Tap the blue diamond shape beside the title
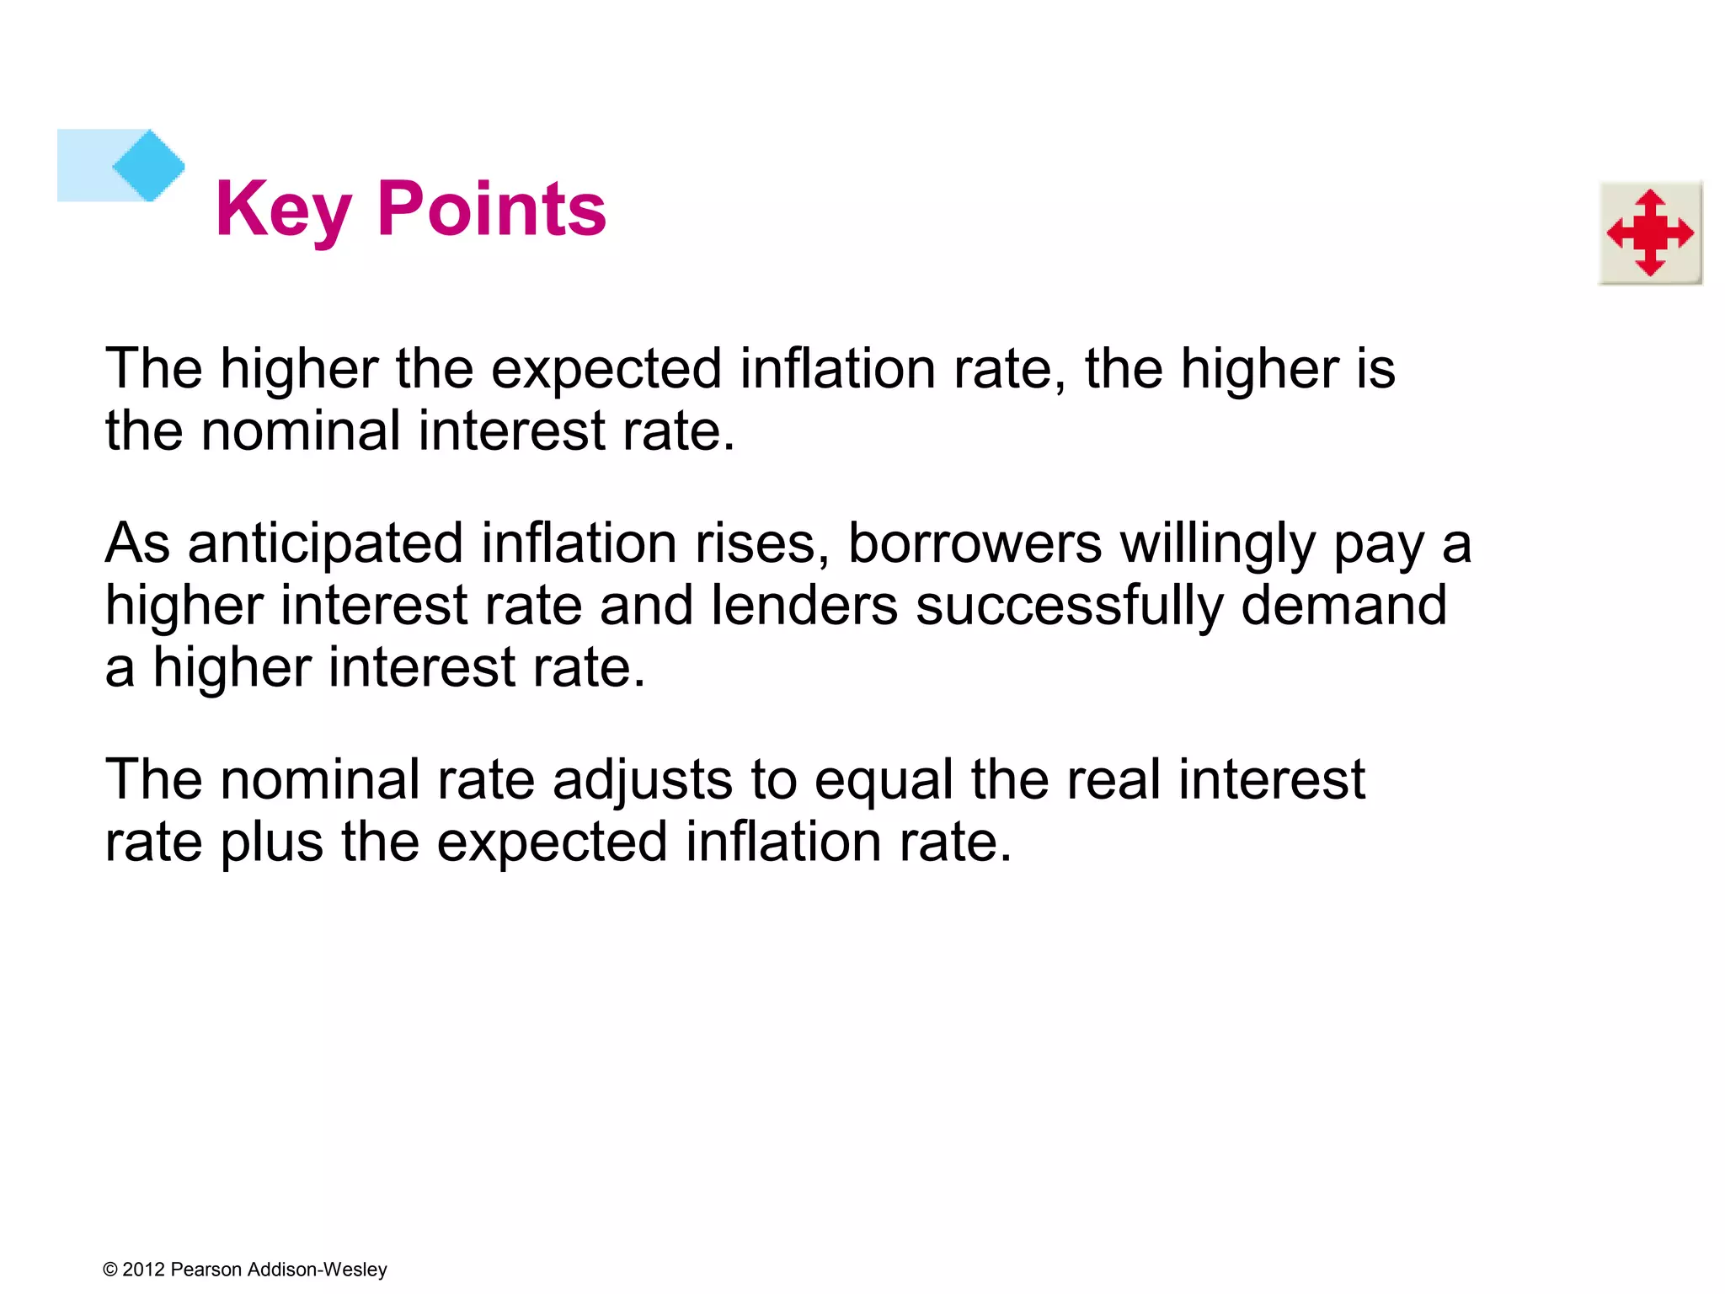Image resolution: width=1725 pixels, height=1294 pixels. [148, 165]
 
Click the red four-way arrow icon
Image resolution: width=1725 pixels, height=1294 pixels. [1650, 233]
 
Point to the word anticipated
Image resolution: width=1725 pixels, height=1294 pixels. [325, 543]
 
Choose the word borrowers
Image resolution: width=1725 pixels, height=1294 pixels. [975, 543]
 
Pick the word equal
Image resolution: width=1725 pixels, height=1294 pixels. [884, 779]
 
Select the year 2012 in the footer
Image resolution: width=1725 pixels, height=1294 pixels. [143, 1270]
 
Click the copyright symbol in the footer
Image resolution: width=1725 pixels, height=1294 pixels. [109, 1270]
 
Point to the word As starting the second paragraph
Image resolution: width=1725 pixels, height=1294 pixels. [137, 543]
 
